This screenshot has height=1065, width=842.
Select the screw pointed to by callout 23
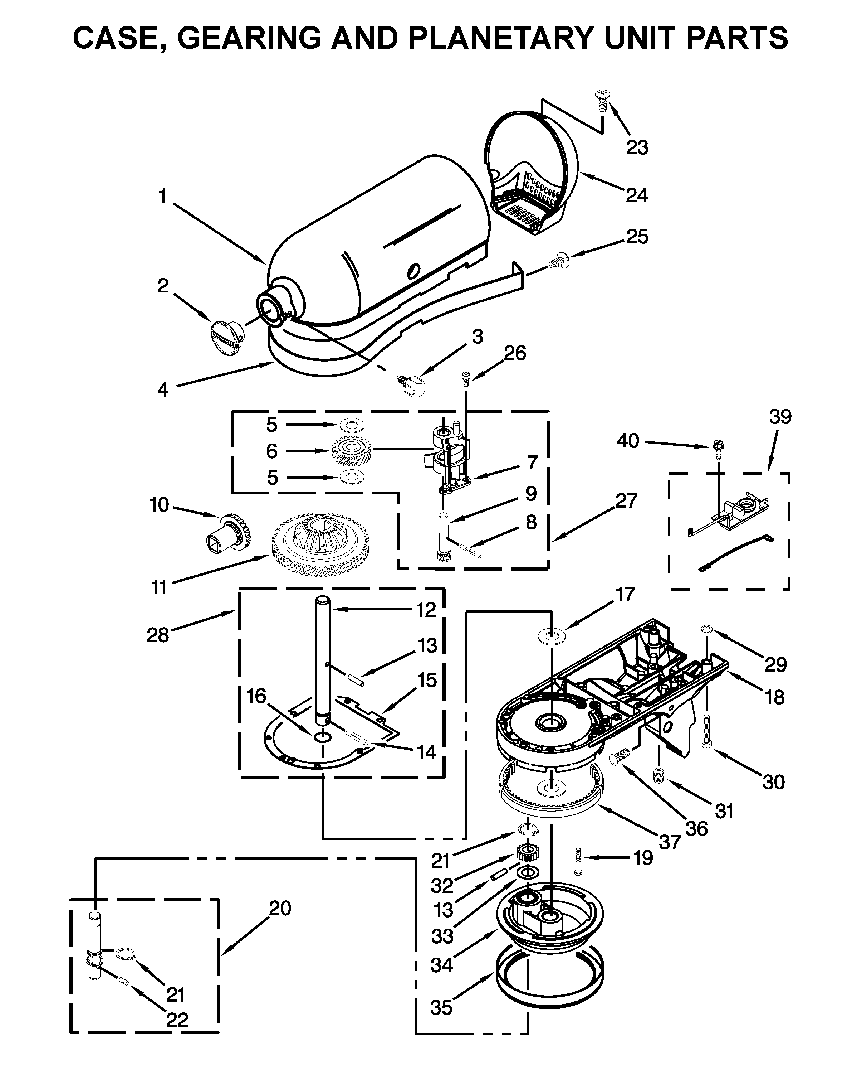click(602, 100)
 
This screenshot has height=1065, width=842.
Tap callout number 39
click(780, 417)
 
